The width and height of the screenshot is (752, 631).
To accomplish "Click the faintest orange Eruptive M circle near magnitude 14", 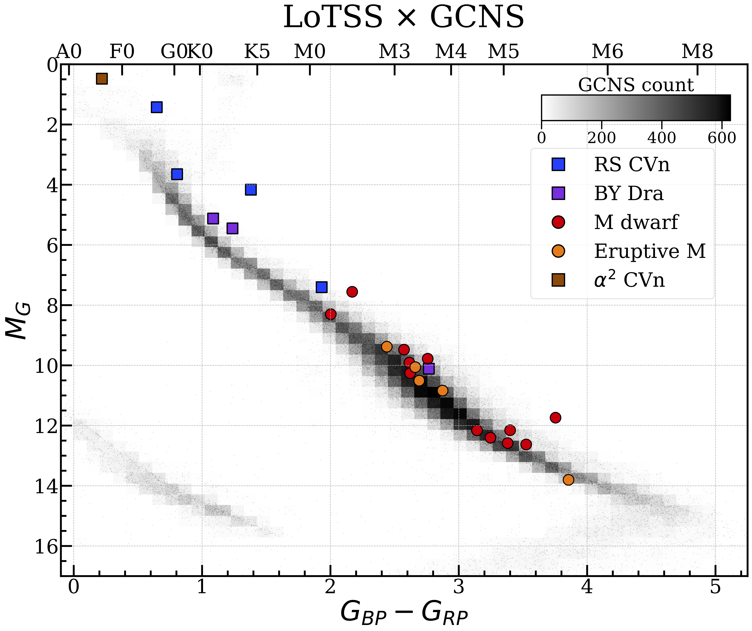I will coord(568,480).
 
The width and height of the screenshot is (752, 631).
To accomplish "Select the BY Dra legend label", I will coord(628,194).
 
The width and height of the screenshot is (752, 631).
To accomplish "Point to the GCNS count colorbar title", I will coord(636,85).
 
